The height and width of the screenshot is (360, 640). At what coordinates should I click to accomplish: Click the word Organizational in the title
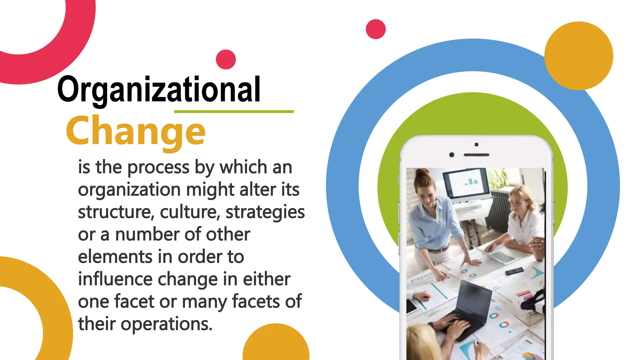point(159,90)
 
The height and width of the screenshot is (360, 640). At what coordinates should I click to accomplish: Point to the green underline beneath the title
point(234,112)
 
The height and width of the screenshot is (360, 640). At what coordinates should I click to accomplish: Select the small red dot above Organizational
point(226,59)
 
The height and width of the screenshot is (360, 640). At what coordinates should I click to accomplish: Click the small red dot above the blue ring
point(376,29)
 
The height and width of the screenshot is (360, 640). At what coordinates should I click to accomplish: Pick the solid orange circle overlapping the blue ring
point(579,56)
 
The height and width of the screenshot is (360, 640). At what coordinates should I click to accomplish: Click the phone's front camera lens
point(452,155)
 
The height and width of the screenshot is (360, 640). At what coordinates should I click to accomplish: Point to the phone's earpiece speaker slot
point(476,155)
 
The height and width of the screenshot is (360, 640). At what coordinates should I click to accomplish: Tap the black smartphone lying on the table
point(514,271)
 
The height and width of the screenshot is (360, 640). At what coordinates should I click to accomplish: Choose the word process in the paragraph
point(158,168)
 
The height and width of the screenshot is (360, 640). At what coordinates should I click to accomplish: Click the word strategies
point(265,212)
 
